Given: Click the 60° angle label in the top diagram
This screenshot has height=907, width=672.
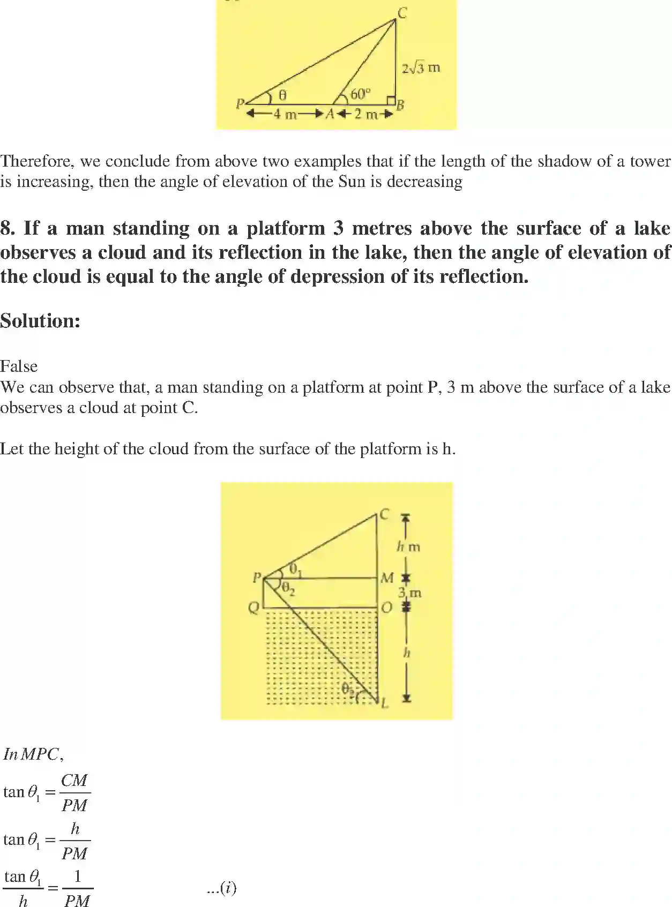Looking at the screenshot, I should (x=360, y=94).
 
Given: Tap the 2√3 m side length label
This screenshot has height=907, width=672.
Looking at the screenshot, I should (x=421, y=68).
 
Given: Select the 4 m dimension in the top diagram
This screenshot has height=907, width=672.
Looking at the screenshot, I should (x=285, y=114).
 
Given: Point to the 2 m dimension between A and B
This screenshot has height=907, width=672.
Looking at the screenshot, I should (x=365, y=114).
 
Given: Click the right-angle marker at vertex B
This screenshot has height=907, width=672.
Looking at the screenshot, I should (x=391, y=101).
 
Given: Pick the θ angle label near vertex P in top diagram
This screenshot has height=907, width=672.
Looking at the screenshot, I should (x=283, y=95).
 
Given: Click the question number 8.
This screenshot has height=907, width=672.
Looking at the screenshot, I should (x=7, y=229).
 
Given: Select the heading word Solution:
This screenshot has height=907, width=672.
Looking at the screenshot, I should (x=40, y=321).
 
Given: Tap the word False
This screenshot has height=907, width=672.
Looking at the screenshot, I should (x=19, y=366).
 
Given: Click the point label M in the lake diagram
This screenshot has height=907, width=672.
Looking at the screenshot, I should (x=387, y=578).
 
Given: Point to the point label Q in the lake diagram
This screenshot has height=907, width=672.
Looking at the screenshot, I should (x=254, y=608).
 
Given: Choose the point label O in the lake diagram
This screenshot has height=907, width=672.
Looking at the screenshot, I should (x=387, y=608).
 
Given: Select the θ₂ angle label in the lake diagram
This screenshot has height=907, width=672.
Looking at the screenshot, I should (x=288, y=589).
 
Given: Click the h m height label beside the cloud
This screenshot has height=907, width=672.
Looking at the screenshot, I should (x=408, y=547).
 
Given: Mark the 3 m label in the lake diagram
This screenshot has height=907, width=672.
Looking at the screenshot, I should (x=409, y=593).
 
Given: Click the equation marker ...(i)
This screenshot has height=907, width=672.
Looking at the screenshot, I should (x=221, y=888).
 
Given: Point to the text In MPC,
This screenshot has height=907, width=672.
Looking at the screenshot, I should (x=33, y=754).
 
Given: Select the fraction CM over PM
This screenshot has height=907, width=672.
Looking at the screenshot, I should (x=74, y=792).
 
